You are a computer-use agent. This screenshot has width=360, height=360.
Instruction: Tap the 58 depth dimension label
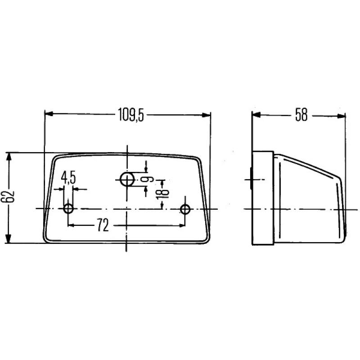pos(301,115)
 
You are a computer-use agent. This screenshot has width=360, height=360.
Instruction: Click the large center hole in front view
pos(127,179)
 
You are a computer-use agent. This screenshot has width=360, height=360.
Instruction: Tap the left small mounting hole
pos(68,209)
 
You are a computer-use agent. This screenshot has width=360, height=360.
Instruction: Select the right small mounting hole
pos(185,209)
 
